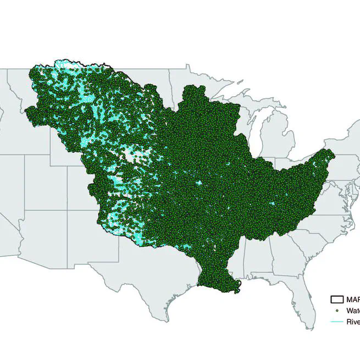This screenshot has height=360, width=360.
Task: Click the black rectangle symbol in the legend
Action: tap(336, 300)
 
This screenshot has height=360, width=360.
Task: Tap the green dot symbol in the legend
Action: tap(336, 311)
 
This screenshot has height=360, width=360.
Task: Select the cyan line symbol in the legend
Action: tap(336, 322)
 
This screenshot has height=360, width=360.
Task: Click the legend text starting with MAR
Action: tap(352, 300)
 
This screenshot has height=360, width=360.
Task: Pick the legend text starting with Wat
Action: tap(353, 311)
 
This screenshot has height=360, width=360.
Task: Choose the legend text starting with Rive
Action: tap(352, 322)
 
